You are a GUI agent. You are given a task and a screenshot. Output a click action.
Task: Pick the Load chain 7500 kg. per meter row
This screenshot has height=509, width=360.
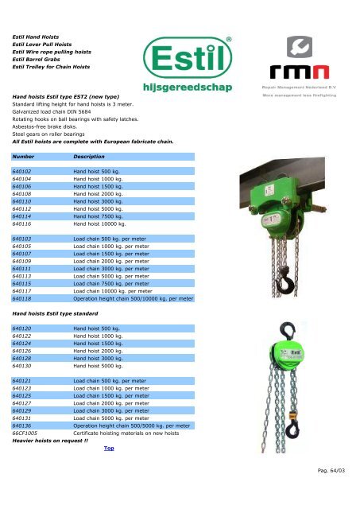(110, 282)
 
